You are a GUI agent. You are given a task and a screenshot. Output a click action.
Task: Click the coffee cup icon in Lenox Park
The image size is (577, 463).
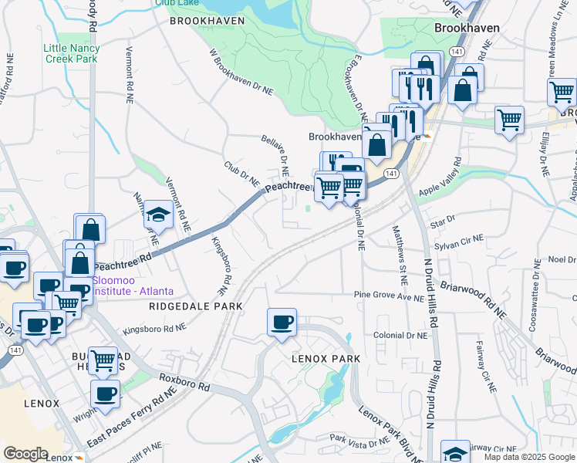pos(282,322)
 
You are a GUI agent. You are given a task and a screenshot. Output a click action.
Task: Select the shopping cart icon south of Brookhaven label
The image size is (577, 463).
pos(509,120)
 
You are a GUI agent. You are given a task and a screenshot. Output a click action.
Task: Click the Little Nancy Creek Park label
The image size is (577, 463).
pos(71,53)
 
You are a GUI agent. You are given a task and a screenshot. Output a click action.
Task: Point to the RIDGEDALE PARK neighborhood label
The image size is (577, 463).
pos(194,306)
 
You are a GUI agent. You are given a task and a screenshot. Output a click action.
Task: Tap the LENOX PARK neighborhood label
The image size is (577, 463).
pos(322,359)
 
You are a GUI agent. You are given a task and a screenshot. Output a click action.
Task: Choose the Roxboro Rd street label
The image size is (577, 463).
pos(184,381)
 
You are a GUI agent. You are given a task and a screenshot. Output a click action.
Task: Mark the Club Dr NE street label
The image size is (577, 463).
pos(241,173)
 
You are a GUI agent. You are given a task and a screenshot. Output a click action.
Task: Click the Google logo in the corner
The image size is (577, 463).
pos(25,454)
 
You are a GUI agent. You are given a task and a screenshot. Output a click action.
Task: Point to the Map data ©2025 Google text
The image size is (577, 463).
pos(529,457)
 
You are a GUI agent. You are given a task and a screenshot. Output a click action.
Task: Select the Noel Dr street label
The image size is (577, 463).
pos(562,259)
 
